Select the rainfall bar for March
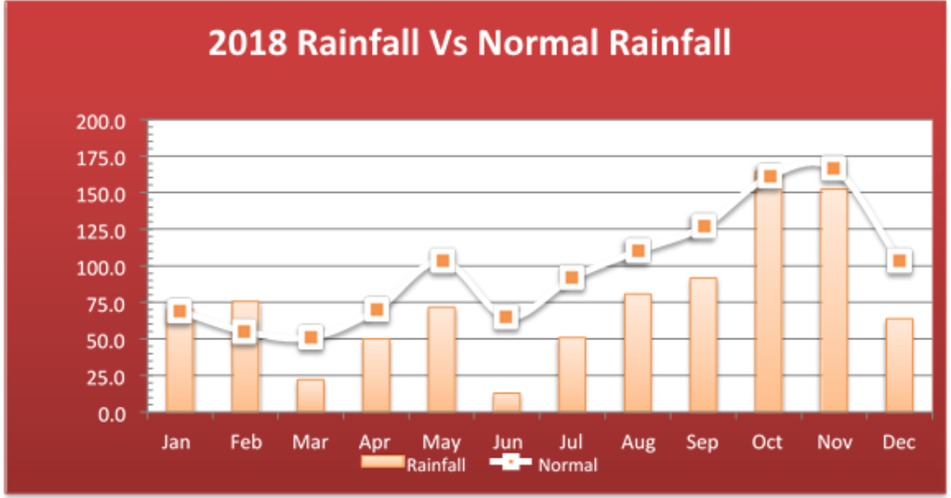tap(310, 395)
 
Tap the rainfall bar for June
tap(506, 402)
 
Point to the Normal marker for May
tap(442, 260)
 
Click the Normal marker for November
tap(833, 168)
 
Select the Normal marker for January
tap(180, 310)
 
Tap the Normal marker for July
tap(572, 277)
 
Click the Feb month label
tap(246, 442)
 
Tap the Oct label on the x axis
tap(767, 442)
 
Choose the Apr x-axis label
tap(375, 443)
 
